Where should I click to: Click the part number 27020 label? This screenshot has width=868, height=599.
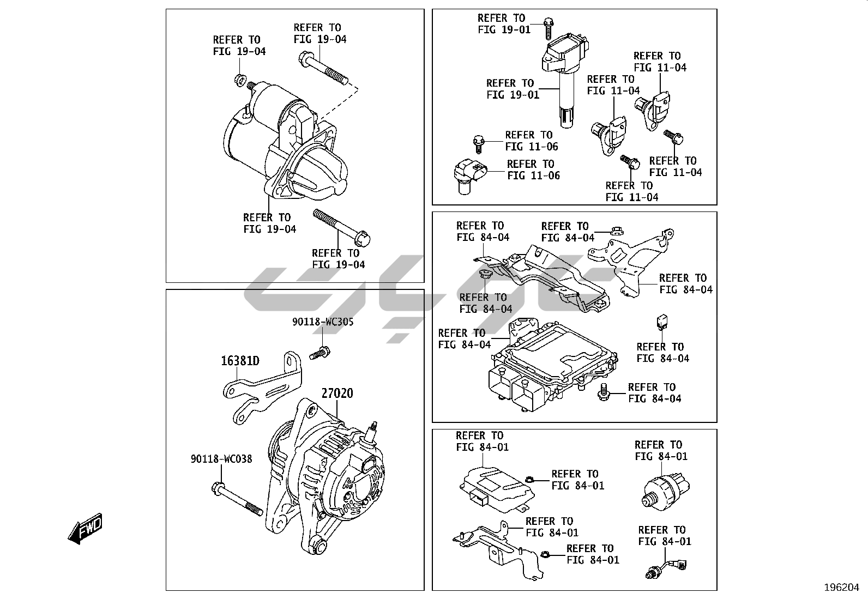[336, 393]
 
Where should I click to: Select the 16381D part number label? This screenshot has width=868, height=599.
[240, 360]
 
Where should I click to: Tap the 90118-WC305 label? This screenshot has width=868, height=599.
[323, 322]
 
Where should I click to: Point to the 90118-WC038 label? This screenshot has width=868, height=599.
[221, 459]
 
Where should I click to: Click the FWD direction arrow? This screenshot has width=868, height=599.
[85, 529]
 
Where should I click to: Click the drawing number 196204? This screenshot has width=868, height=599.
[841, 588]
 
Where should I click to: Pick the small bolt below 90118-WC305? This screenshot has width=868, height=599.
[320, 354]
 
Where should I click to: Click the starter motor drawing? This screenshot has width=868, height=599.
[284, 147]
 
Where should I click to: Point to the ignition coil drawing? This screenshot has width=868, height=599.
[564, 71]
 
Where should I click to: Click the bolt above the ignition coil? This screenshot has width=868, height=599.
[548, 28]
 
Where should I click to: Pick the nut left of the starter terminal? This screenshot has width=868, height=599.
[239, 81]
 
